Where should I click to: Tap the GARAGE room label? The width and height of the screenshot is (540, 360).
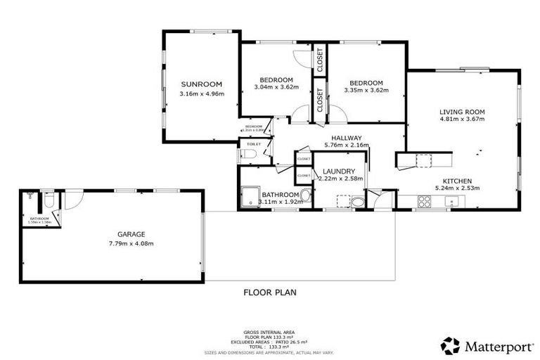point(131,234)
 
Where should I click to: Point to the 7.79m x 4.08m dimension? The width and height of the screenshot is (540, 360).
point(131,243)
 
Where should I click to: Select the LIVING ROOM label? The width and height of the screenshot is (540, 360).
point(462,112)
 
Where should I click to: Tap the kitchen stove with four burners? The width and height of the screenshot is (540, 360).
point(424,202)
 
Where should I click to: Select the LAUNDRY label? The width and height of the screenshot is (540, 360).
point(339,172)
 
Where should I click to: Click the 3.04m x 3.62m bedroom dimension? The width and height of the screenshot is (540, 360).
point(276,88)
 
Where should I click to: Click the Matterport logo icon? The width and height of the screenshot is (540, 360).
point(450,345)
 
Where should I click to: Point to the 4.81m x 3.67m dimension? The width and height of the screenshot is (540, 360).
point(462,120)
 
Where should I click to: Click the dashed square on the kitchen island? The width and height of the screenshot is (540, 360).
point(423,161)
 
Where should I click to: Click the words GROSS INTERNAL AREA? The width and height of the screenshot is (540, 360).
point(269,331)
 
